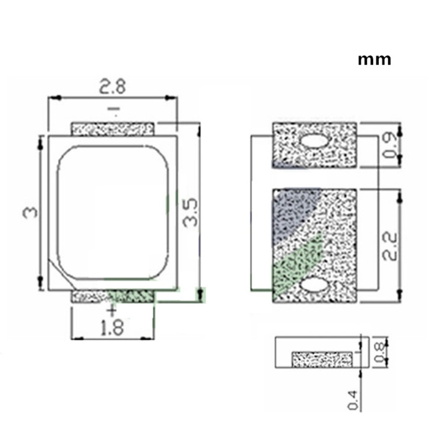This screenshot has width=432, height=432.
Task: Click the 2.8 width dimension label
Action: tap(113, 87)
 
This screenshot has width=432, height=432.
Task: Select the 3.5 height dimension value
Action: tap(190, 213)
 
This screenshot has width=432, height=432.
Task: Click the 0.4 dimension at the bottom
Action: tap(353, 400)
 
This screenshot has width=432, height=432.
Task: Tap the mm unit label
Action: tap(374, 59)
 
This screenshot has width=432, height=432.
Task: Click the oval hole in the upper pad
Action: tap(314, 141)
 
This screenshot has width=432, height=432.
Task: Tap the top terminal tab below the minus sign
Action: tap(112, 129)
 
